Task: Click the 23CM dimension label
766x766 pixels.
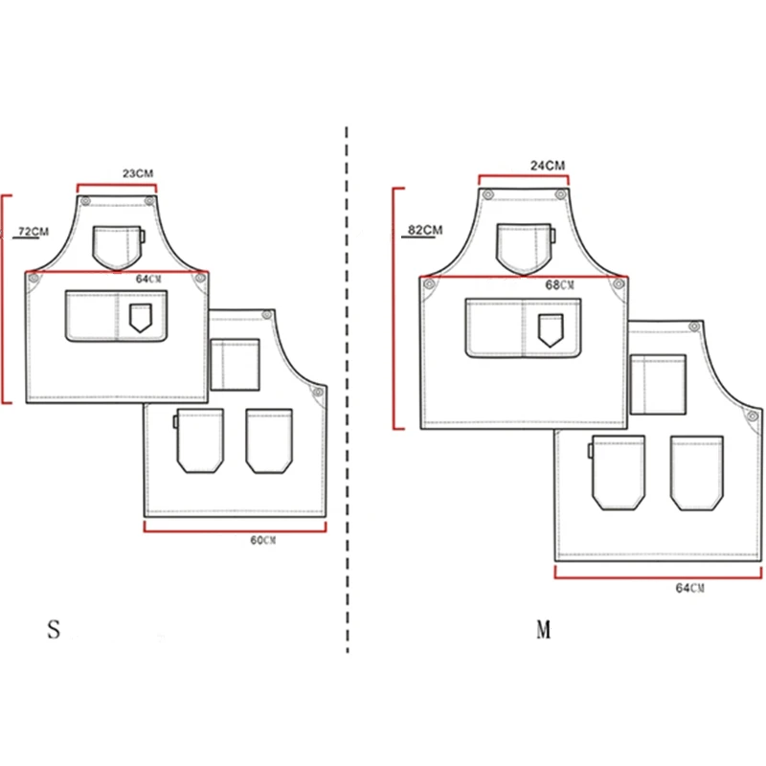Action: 138,173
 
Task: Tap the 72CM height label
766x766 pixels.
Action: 34,231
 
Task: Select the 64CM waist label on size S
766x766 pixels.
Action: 148,279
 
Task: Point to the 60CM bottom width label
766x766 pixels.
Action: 262,540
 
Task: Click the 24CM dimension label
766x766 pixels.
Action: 548,166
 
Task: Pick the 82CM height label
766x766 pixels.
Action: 425,230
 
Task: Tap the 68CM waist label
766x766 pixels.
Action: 560,284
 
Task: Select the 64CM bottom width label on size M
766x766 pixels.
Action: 689,588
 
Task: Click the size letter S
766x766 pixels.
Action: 54,629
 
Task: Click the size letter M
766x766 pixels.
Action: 544,629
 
